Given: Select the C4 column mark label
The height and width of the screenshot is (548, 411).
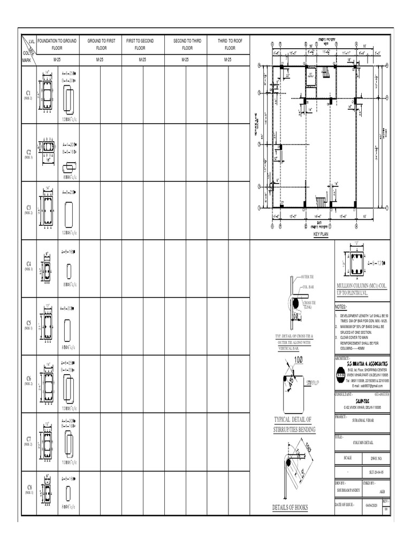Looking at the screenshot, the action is [x=29, y=264].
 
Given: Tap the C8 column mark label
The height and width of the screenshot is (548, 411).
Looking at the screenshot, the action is [x=29, y=487].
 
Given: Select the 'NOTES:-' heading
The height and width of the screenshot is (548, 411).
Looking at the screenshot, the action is [x=341, y=307].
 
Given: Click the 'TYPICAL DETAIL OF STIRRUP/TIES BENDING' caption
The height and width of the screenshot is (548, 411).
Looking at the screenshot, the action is [x=294, y=425].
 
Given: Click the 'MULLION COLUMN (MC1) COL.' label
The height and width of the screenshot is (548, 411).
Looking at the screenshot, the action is [x=361, y=286].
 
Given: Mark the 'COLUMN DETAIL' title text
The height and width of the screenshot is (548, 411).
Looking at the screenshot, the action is [x=364, y=443].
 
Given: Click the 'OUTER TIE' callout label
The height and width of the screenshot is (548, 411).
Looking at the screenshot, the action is [x=309, y=277].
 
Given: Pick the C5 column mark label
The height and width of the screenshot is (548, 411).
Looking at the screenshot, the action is [x=29, y=323].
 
